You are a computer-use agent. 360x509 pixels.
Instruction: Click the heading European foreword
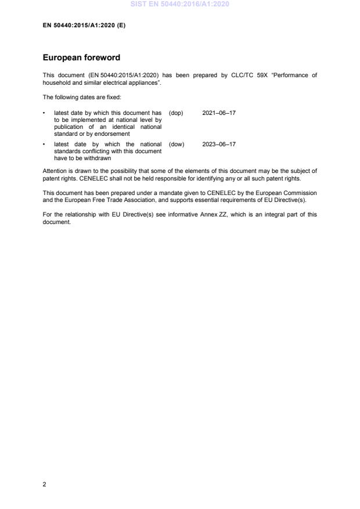81,58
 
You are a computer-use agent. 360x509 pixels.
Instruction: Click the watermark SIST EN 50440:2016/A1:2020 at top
179,4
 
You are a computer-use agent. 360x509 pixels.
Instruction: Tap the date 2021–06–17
219,113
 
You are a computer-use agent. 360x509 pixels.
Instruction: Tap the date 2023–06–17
219,144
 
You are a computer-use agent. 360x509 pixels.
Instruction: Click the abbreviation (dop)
176,113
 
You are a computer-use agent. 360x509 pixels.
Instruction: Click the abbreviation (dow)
177,144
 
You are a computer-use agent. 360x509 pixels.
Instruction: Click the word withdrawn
96,158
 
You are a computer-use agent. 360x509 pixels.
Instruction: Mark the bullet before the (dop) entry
45,113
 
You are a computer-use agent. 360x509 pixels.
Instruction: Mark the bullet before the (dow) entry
45,144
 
